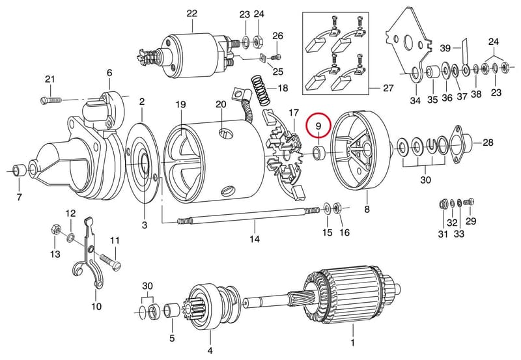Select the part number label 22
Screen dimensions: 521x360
192,13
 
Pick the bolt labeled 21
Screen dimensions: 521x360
51,100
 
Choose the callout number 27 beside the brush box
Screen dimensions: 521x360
388,88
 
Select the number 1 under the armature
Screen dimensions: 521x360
352,342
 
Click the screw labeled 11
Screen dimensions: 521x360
110,262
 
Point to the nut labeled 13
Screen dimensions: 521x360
55,230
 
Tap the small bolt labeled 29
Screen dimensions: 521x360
470,202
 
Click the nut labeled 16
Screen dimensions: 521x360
336,208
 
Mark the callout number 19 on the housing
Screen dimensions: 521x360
180,105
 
